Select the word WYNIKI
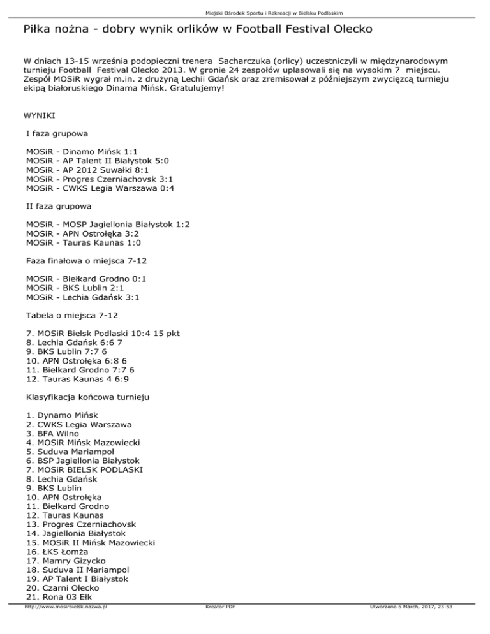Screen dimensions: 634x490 [40, 117]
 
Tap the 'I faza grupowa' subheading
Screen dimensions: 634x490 [57, 135]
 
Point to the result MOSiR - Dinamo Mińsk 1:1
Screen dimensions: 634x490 [82, 152]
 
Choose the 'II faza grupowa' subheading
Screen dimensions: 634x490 [59, 207]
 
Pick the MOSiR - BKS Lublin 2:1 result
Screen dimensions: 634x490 [81, 288]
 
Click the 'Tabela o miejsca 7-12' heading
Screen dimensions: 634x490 [72, 315]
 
